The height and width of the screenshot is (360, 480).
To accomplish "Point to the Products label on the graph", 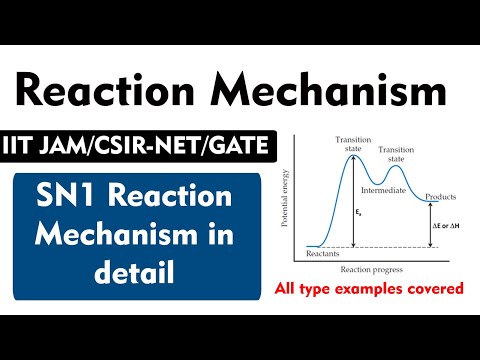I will click(x=440, y=196).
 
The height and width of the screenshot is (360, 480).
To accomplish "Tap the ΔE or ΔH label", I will click(x=444, y=227).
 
